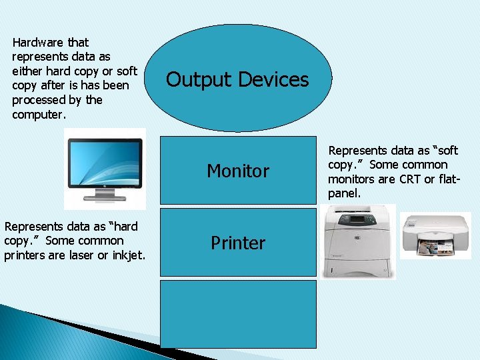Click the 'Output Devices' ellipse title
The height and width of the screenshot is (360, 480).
tap(237, 80)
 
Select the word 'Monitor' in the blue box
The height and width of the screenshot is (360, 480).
tap(238, 171)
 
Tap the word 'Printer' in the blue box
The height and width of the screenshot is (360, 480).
tap(238, 243)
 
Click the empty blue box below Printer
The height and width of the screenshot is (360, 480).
tap(238, 313)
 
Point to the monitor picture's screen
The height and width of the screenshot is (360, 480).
tap(104, 161)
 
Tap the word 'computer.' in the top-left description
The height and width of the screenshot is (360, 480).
tap(39, 114)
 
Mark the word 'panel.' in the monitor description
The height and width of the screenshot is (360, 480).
tap(344, 193)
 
